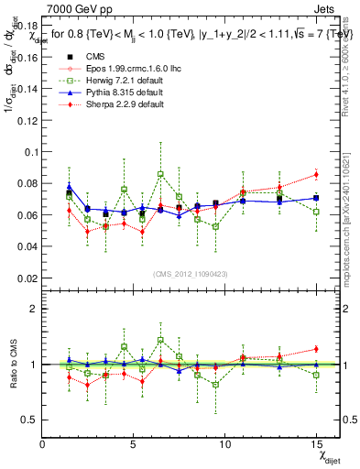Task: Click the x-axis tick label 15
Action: point(317,443)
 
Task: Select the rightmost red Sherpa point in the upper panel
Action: point(316,174)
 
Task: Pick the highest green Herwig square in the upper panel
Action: point(160,174)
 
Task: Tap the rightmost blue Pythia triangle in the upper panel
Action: point(316,198)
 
